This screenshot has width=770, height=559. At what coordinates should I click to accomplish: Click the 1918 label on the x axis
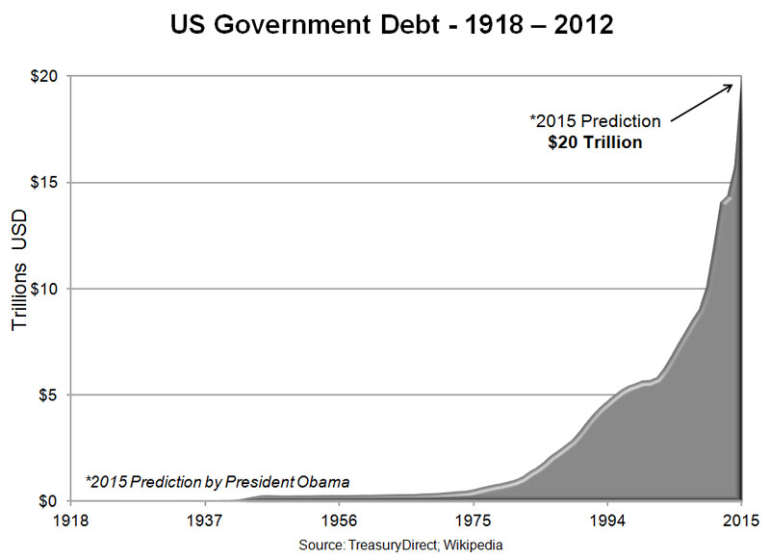coord(71,521)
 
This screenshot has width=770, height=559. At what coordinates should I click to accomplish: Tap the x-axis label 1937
coord(205,521)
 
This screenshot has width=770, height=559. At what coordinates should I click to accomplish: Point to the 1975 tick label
coord(473,521)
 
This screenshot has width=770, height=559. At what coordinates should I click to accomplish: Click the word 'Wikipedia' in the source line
coord(475,546)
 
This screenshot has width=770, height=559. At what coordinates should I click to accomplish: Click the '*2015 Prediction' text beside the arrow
coord(595,122)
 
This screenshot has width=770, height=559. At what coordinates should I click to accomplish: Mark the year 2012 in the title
coord(577,25)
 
